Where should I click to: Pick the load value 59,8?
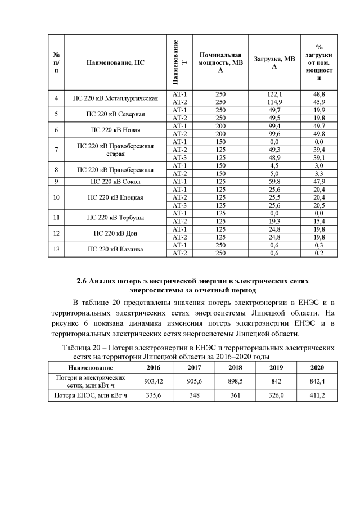[x=273, y=182]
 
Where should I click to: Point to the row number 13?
[x=56, y=249]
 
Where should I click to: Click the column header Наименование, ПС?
[x=115, y=62]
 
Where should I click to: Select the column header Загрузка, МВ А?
[x=273, y=62]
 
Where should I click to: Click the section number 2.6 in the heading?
[x=82, y=280]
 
